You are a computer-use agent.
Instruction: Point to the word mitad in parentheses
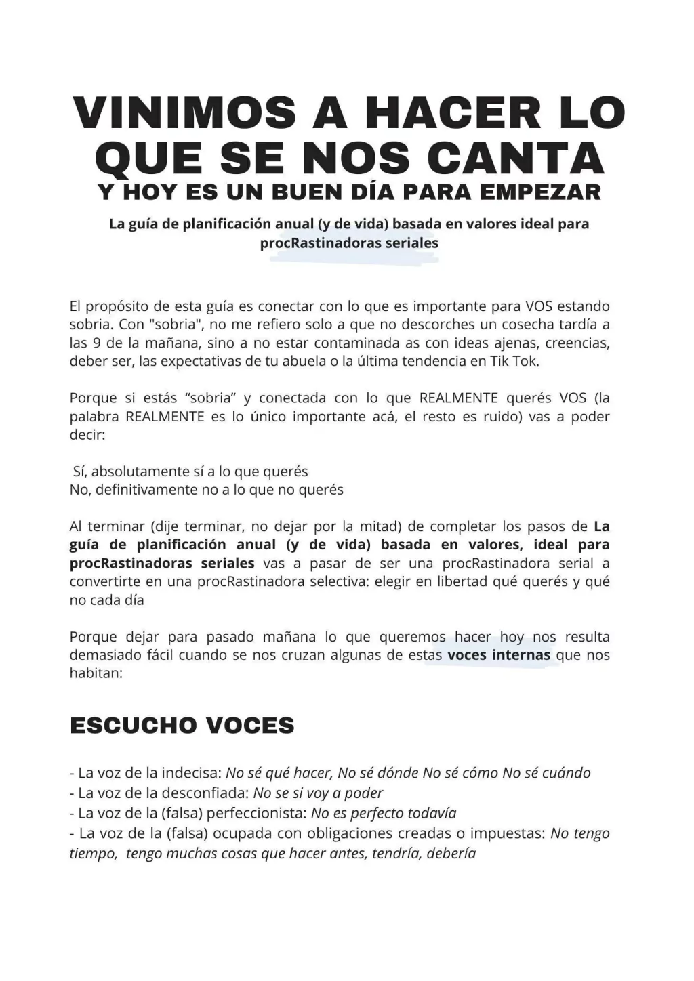pyautogui.click(x=386, y=526)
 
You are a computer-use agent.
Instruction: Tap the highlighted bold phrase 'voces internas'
pyautogui.click(x=499, y=655)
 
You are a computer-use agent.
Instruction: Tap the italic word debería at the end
pyautogui.click(x=451, y=854)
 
